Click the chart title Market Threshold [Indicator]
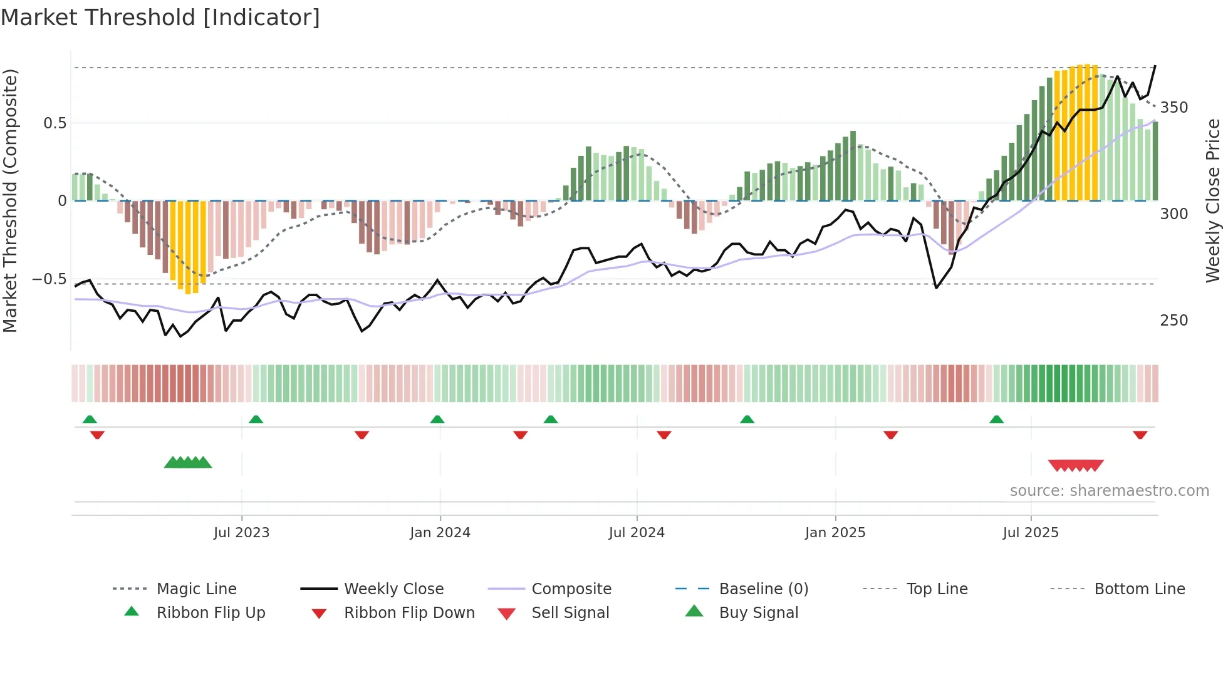click(160, 18)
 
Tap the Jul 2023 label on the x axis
click(241, 533)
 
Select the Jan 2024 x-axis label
click(440, 533)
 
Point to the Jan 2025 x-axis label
click(835, 533)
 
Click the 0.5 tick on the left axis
click(55, 123)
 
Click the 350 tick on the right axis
click(1173, 108)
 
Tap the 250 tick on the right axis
click(1173, 321)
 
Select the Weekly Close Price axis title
click(1213, 200)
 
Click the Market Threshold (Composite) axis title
click(10, 200)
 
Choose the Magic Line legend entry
click(196, 589)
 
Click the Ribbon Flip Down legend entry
click(408, 613)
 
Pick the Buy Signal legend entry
click(758, 613)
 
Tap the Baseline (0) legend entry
click(763, 589)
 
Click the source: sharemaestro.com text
click(1109, 491)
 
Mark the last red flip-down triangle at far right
click(1140, 435)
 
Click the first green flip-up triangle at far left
click(90, 420)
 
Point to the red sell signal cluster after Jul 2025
click(1075, 465)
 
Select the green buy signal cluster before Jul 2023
click(188, 463)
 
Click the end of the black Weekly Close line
click(1155, 66)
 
